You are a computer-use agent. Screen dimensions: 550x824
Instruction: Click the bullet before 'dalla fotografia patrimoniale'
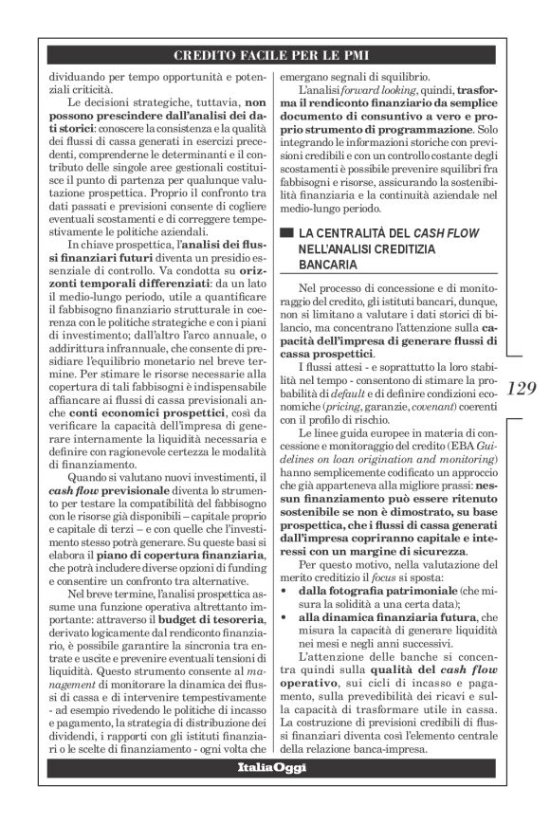point(285,590)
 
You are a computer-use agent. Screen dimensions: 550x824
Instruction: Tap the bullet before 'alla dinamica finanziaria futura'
point(285,616)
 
